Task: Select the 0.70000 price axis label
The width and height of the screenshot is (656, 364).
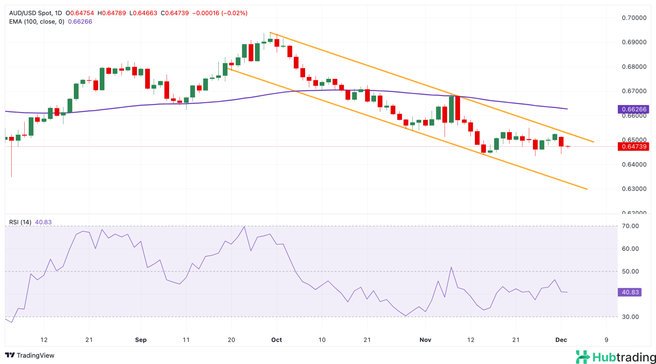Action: point(634,18)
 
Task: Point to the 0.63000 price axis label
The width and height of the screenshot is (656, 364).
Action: point(634,189)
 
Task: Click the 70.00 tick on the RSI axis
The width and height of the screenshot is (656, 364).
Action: point(630,226)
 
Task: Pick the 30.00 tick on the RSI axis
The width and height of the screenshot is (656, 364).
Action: point(630,317)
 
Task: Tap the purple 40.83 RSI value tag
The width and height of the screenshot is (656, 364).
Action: point(630,292)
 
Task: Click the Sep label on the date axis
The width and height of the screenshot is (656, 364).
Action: point(141,340)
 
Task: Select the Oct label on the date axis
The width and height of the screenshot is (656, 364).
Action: point(276,340)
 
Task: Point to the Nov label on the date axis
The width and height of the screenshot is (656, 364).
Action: point(425,340)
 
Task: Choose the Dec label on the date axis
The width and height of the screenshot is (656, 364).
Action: point(561,340)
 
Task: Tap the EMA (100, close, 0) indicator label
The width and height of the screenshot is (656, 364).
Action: point(37,22)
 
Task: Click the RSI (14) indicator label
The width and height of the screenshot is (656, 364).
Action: point(20,222)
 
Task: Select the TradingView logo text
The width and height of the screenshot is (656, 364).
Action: point(30,355)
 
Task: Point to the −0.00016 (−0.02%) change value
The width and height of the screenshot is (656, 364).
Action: point(220,13)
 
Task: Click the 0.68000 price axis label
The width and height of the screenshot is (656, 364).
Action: point(634,67)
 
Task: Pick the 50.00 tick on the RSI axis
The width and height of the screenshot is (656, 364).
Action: point(630,271)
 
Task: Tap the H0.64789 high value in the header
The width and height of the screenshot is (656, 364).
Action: point(111,13)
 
